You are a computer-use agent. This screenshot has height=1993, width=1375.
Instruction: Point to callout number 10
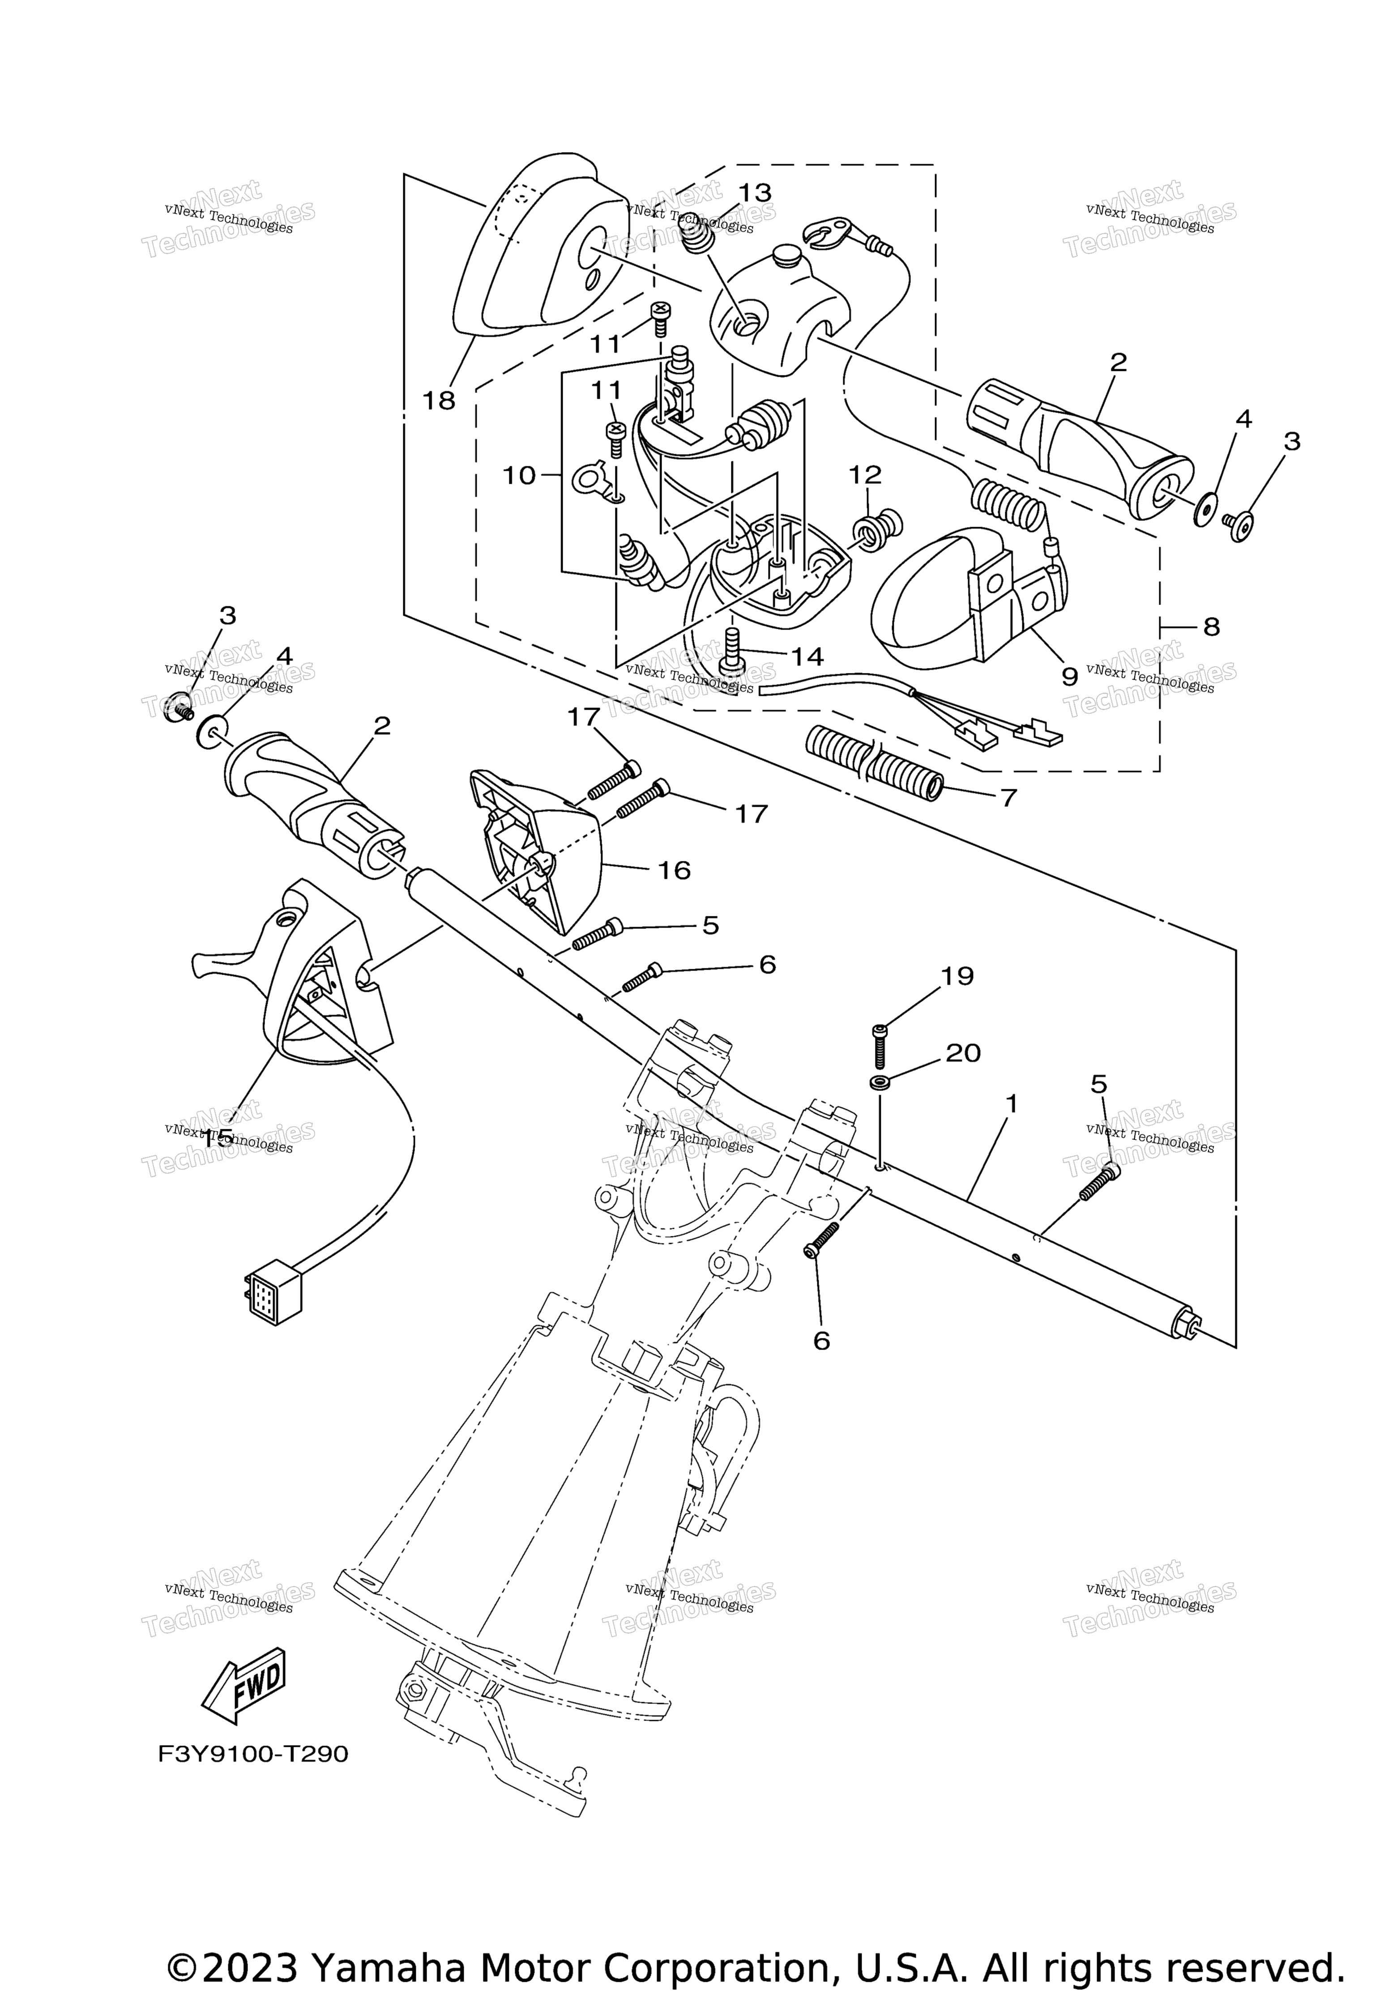pyautogui.click(x=519, y=475)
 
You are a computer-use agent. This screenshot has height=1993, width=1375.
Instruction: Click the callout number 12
pyautogui.click(x=865, y=475)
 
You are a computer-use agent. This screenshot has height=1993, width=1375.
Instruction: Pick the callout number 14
pyautogui.click(x=807, y=656)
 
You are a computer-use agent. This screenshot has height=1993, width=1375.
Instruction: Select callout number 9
pyautogui.click(x=1069, y=676)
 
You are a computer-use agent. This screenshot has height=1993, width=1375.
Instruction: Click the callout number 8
pyautogui.click(x=1211, y=627)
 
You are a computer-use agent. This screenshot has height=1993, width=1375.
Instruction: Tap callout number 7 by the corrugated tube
pyautogui.click(x=1008, y=797)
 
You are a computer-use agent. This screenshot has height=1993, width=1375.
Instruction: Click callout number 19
pyautogui.click(x=957, y=976)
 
